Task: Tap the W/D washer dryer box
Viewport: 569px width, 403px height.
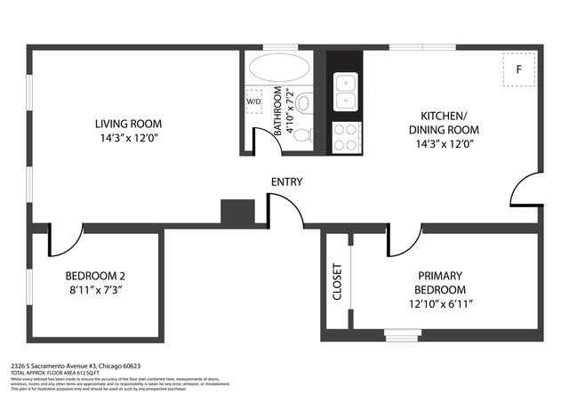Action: tap(254, 101)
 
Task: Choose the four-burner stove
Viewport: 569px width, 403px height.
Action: tap(345, 136)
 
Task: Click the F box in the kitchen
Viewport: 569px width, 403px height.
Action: tap(518, 69)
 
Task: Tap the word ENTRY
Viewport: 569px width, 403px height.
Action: tap(286, 182)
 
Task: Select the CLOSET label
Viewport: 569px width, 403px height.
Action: tap(337, 282)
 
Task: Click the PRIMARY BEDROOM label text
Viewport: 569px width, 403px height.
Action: tap(439, 283)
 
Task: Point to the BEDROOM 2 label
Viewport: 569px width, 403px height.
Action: tap(96, 275)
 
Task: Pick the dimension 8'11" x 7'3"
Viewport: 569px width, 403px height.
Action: tap(96, 289)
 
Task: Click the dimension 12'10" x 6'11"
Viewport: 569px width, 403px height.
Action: tap(439, 304)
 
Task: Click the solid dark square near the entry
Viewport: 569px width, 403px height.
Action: tap(237, 210)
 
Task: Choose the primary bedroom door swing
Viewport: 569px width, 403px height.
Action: tap(405, 240)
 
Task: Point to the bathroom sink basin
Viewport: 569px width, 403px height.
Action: tap(302, 102)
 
